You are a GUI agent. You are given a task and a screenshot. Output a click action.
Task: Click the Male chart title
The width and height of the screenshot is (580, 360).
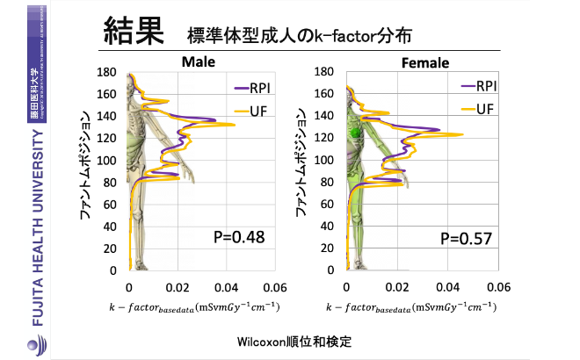click(x=200, y=62)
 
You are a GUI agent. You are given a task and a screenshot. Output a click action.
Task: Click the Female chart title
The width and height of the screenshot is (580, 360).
click(x=425, y=63)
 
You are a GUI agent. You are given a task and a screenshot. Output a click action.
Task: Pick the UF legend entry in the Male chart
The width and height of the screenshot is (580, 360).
click(x=257, y=110)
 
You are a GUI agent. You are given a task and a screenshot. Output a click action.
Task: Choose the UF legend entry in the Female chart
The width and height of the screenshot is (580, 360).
click(x=477, y=109)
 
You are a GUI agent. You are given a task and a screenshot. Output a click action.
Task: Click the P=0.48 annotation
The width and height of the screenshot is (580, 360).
click(x=239, y=237)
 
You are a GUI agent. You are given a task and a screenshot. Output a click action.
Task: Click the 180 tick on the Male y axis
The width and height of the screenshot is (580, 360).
click(x=106, y=72)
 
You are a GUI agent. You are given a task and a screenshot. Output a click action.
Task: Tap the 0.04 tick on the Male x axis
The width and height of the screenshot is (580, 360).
click(x=226, y=286)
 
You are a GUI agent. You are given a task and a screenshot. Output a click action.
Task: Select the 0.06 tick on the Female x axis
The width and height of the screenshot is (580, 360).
click(x=499, y=286)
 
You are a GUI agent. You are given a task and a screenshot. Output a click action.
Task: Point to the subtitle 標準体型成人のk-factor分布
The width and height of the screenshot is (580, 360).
click(x=298, y=36)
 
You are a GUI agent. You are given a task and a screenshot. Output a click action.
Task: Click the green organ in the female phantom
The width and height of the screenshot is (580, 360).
click(x=356, y=132)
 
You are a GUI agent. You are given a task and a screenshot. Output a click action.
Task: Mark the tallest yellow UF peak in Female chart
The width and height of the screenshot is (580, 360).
click(x=462, y=134)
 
